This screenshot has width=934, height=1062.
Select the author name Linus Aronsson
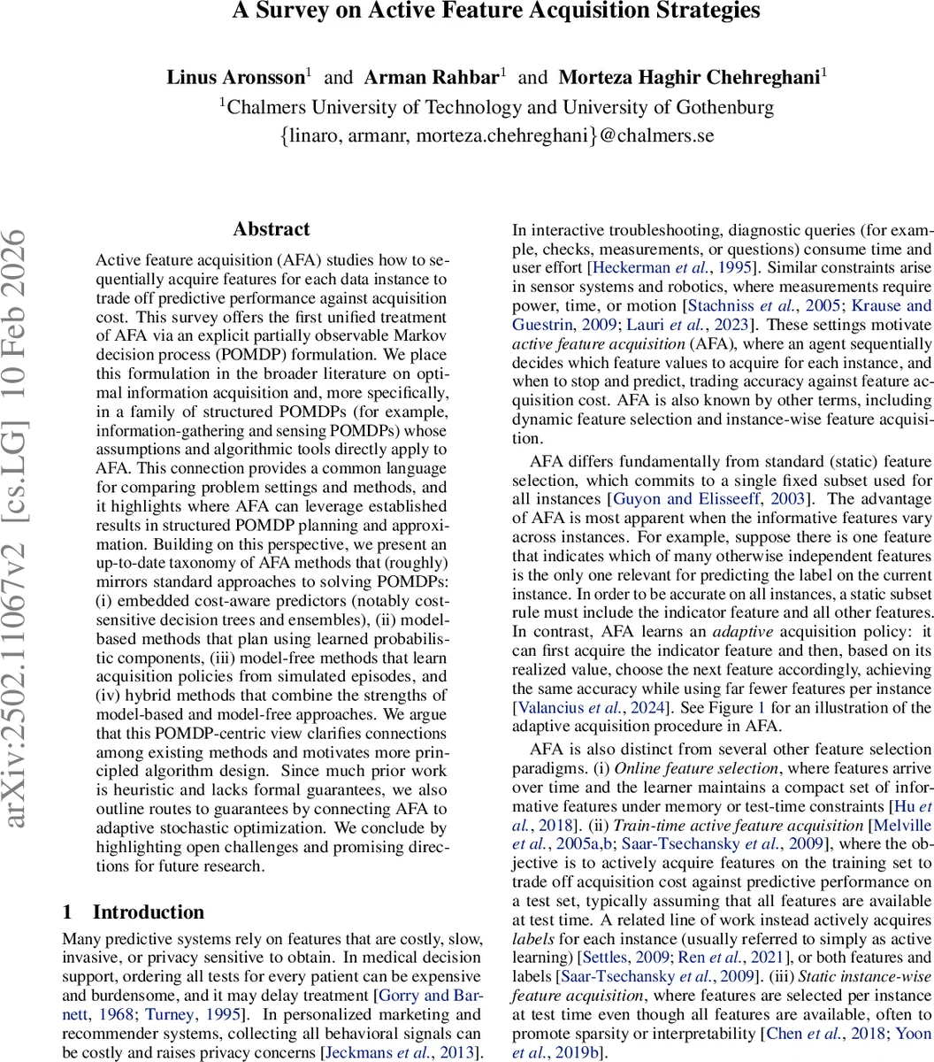tap(235, 77)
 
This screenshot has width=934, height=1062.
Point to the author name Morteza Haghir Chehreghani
tap(689, 77)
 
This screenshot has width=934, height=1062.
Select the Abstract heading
tap(272, 229)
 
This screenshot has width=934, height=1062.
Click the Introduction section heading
tap(148, 912)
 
